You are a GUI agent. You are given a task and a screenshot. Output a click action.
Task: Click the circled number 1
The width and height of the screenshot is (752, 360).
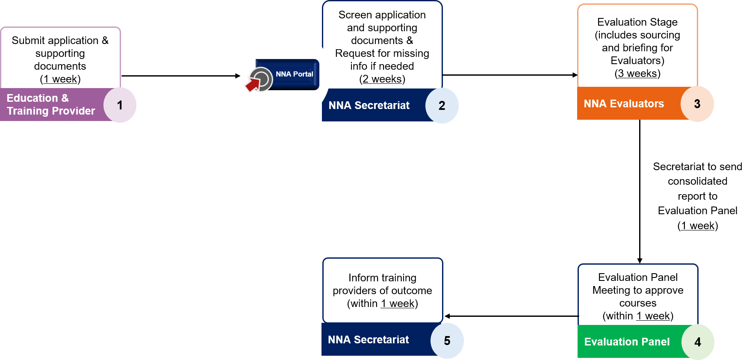[x=120, y=105]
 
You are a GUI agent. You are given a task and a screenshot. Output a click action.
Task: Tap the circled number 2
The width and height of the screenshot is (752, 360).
[x=442, y=106]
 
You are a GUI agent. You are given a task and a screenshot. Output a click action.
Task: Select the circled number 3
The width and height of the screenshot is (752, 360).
[x=697, y=104]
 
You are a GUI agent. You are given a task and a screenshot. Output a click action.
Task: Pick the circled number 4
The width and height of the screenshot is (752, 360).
[x=697, y=342]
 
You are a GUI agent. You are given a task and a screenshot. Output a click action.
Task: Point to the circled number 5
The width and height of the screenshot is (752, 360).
[x=447, y=341]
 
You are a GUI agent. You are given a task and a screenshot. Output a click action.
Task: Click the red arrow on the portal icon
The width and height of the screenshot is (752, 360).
[x=253, y=84]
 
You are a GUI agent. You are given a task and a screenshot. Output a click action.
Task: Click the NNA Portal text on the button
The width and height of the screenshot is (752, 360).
[x=294, y=74]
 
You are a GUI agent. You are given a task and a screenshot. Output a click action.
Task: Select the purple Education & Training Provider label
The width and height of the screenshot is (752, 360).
[x=50, y=105]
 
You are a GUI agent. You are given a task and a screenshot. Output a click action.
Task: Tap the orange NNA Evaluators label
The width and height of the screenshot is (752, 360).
[x=624, y=104]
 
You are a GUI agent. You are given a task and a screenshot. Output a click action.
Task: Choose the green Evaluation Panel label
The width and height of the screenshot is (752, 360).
[x=627, y=342]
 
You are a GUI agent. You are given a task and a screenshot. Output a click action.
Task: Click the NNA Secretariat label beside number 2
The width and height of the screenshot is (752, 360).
[x=369, y=106]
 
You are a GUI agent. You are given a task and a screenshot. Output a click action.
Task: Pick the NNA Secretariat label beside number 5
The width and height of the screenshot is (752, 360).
[x=368, y=340]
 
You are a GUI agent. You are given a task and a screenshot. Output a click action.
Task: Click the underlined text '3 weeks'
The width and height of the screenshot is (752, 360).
[x=637, y=74]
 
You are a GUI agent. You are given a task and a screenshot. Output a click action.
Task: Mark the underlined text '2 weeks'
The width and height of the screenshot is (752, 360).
[x=382, y=79]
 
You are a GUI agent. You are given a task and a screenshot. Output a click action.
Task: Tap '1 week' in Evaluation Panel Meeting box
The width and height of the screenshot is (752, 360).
[x=653, y=316]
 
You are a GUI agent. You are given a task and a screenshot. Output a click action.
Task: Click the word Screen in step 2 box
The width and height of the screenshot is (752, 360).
[x=355, y=15]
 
